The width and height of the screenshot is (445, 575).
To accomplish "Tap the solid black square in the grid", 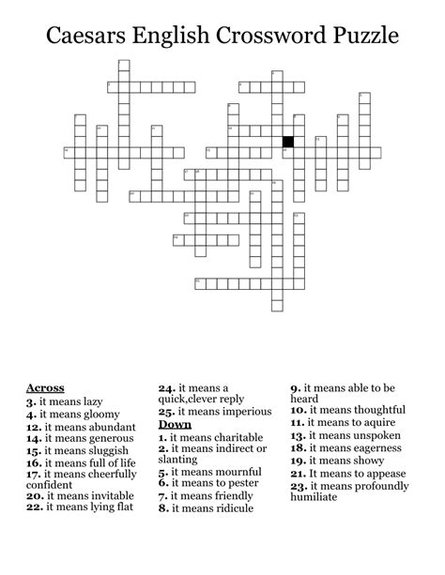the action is pyautogui.click(x=288, y=142).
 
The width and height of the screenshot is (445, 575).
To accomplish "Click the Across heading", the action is pyautogui.click(x=45, y=387).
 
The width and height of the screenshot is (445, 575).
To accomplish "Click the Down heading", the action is pyautogui.click(x=175, y=424).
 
